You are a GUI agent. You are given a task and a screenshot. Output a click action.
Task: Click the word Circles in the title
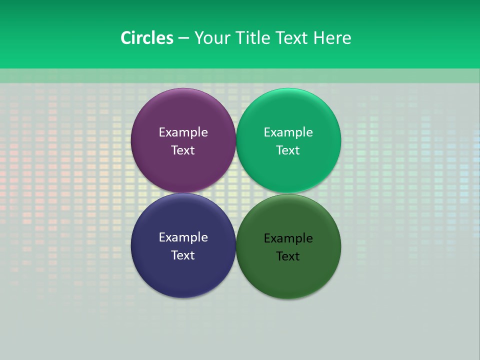[147, 38]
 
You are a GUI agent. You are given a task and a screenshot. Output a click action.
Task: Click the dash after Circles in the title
[183, 38]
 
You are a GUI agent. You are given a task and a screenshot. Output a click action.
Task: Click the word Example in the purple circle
[183, 132]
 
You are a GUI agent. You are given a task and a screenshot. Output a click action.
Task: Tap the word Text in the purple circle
[183, 150]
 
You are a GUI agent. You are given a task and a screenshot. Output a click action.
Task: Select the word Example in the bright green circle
[288, 132]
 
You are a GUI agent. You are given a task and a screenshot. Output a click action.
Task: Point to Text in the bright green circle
[288, 150]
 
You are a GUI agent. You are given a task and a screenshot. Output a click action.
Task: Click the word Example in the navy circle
[183, 237]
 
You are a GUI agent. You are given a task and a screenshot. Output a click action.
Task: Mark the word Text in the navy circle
[183, 255]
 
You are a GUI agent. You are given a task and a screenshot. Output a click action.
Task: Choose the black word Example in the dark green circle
[288, 238]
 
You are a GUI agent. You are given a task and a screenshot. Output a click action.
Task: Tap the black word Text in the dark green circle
[288, 256]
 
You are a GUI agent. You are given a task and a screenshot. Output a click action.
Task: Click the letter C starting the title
[125, 38]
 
